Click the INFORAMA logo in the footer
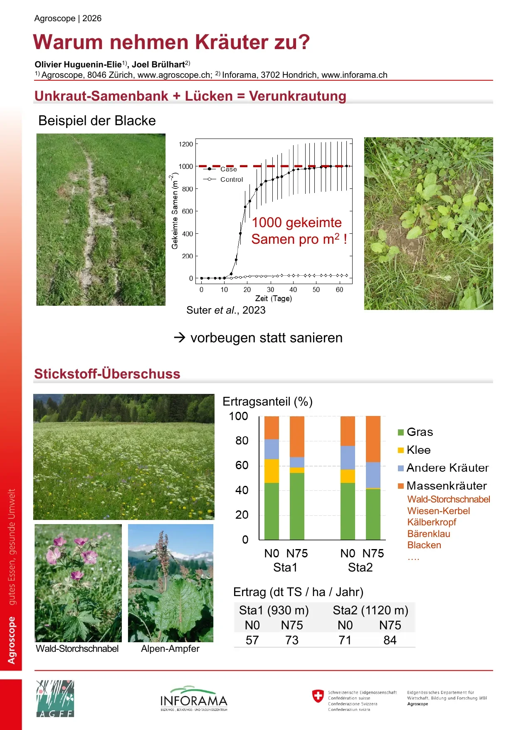[x=194, y=698]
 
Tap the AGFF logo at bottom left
[x=55, y=699]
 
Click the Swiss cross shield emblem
[x=318, y=696]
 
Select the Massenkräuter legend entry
[x=442, y=485]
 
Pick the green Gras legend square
[x=401, y=432]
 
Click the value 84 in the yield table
[x=390, y=640]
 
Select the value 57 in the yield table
[x=252, y=640]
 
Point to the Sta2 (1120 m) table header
[x=370, y=610]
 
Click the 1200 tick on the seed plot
[x=186, y=144]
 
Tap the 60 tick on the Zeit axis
[x=339, y=290]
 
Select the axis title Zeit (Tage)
[x=274, y=298]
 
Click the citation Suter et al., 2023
[x=226, y=310]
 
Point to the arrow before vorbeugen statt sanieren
[x=180, y=337]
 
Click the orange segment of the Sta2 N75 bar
[x=373, y=439]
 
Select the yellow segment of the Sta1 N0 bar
[x=272, y=471]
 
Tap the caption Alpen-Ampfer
[x=170, y=648]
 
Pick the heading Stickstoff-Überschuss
[x=107, y=374]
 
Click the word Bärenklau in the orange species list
[x=429, y=534]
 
